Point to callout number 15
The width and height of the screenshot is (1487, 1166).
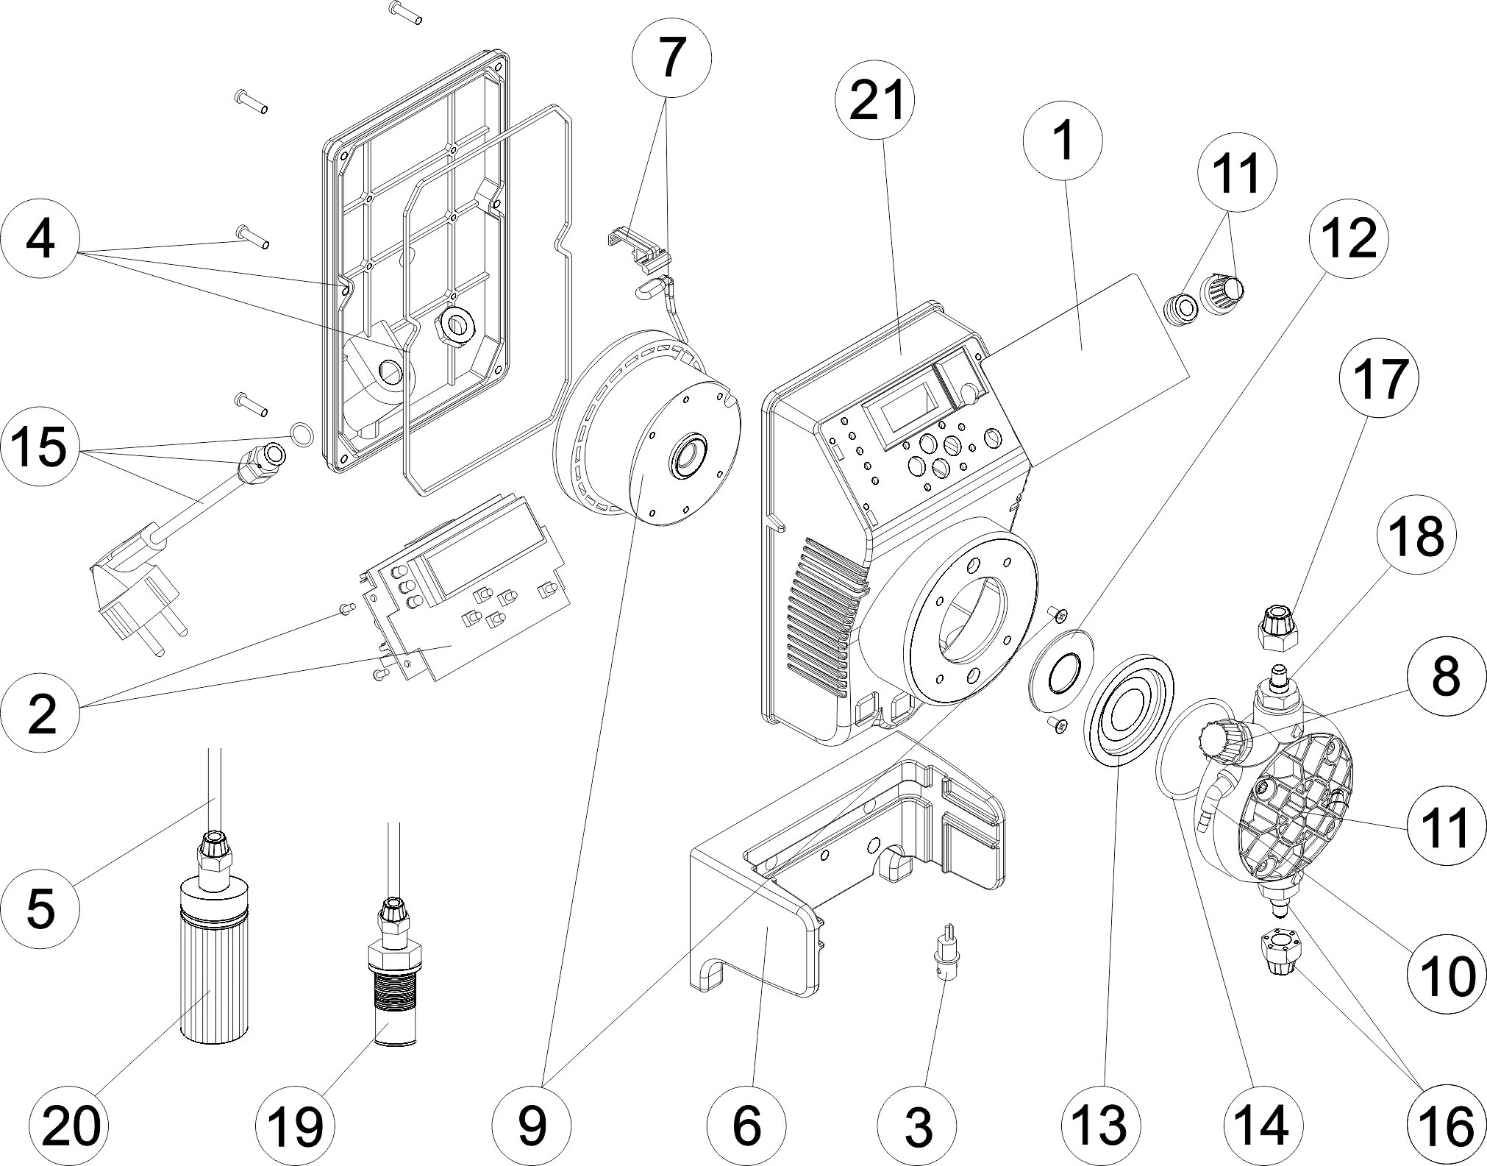(x=40, y=448)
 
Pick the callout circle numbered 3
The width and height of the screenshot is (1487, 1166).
(x=918, y=1126)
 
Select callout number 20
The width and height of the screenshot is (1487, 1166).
(x=71, y=1126)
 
